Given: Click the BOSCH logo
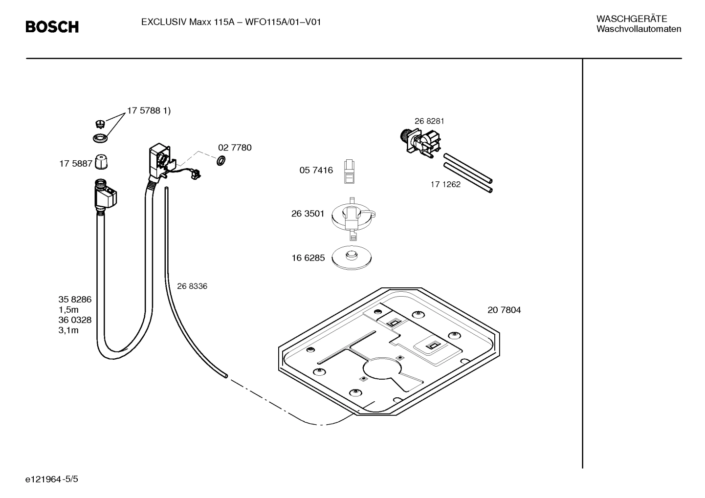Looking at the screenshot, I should click(x=52, y=27).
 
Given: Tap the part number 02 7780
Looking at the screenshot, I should click(x=235, y=148).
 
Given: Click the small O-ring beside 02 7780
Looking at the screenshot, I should click(x=220, y=160).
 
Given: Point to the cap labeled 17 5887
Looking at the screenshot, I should click(x=101, y=162).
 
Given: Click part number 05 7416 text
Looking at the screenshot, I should click(x=316, y=170).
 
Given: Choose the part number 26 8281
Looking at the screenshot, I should click(x=429, y=121).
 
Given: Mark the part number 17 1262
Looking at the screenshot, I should click(x=445, y=184).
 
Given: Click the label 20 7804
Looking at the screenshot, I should click(x=504, y=310).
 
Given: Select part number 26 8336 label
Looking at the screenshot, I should click(x=192, y=286).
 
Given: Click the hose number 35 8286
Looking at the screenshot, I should click(x=75, y=300).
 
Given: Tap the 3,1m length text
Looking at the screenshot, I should click(x=68, y=330).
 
